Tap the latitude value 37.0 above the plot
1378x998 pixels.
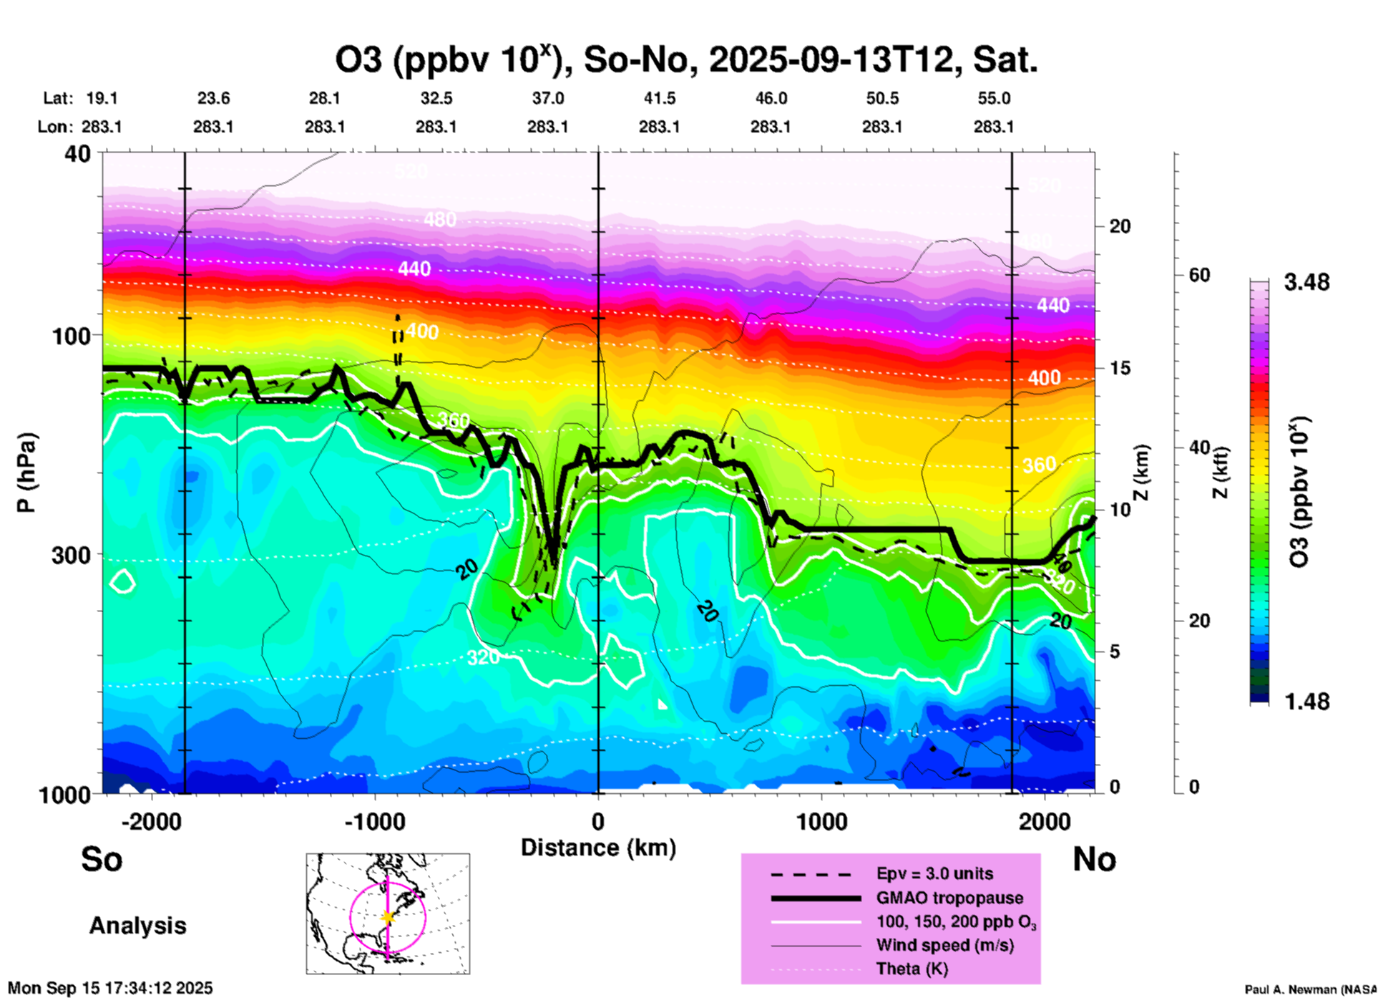tap(547, 98)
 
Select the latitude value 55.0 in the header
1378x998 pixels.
tap(993, 98)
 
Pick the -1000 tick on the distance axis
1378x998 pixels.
tap(375, 821)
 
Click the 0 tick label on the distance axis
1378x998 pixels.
tap(598, 821)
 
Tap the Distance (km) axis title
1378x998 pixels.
tap(598, 848)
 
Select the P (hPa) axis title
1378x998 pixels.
tap(26, 473)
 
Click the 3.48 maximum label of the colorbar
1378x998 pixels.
tap(1306, 283)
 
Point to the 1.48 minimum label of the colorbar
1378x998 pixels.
tap(1306, 702)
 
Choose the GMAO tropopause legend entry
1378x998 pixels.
tap(949, 898)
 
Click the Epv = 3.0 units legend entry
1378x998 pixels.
tap(934, 873)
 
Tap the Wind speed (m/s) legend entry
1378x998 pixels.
tap(944, 945)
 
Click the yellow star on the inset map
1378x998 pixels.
tap(388, 917)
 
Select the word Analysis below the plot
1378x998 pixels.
tap(137, 926)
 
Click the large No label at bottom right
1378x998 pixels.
tap(1094, 859)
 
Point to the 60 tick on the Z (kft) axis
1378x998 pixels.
tap(1199, 276)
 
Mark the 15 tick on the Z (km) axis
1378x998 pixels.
tap(1119, 368)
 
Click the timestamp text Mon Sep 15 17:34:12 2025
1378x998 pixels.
tap(110, 988)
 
